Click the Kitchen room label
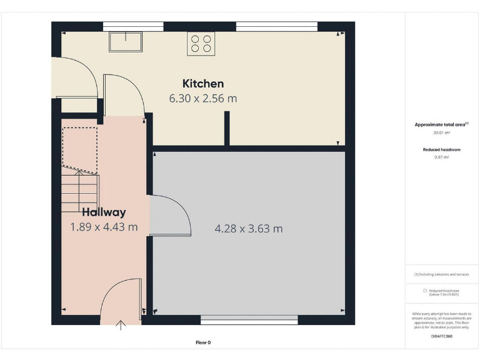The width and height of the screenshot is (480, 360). point(202,83)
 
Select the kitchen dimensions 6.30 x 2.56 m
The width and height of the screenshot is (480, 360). point(202,98)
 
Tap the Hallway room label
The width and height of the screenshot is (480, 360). point(104,212)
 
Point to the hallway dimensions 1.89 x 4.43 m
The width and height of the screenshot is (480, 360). point(104,227)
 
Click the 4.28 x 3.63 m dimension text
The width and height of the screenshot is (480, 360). point(248,229)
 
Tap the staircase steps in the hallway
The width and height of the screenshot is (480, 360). point(80,192)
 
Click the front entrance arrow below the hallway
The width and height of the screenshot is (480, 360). point(121,324)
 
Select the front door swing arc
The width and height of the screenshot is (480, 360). point(121,297)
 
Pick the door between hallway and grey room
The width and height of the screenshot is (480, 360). point(171,216)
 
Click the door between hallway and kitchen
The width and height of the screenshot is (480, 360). point(124,94)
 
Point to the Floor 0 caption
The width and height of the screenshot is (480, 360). point(203,342)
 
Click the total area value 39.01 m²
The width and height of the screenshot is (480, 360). point(441,132)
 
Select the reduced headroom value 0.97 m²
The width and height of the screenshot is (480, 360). point(441,157)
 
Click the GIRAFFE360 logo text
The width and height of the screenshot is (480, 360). point(441,336)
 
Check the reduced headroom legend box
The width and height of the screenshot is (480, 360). point(425,291)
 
